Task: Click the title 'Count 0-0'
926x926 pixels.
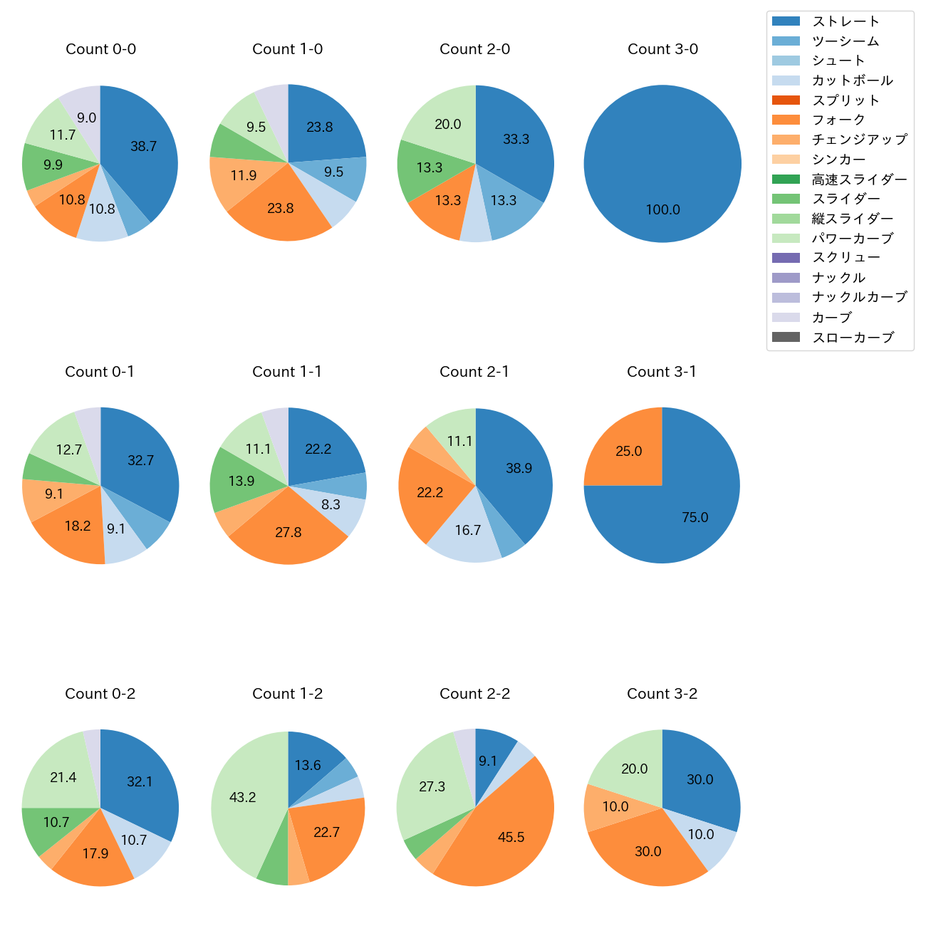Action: (100, 49)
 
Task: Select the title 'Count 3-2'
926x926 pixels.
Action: (662, 694)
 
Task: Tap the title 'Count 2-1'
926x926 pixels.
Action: (474, 372)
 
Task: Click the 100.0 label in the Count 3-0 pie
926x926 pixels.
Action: (662, 210)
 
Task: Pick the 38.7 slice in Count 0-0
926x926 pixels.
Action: (143, 147)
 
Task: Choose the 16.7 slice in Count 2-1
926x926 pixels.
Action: (467, 531)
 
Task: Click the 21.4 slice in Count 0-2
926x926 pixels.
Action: (63, 777)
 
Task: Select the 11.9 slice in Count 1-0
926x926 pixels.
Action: (243, 175)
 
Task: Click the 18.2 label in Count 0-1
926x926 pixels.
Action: (77, 526)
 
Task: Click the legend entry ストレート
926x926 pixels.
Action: (846, 21)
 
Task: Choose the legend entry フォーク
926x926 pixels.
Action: (838, 120)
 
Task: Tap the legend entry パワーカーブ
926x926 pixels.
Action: (852, 239)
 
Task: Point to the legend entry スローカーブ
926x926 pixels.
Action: (853, 338)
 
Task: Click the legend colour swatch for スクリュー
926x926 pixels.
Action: (786, 258)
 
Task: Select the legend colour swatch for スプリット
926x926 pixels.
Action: (786, 100)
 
